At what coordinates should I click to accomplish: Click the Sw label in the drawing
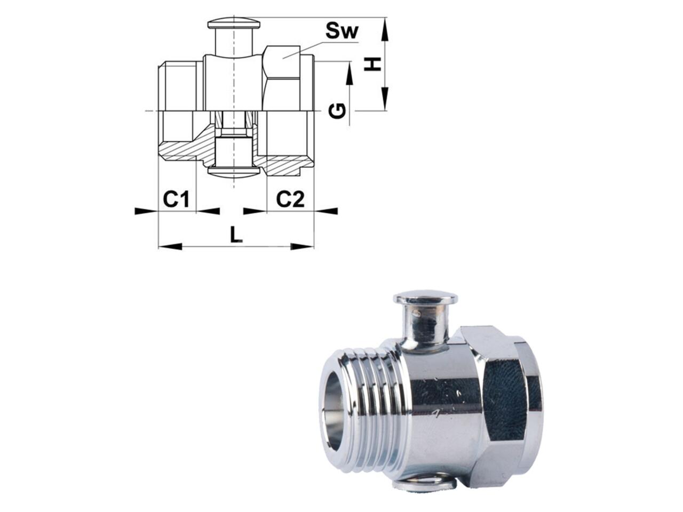click(342, 31)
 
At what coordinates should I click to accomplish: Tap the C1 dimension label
click(177, 199)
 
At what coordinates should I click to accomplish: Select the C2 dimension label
click(290, 199)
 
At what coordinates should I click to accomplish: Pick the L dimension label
click(236, 235)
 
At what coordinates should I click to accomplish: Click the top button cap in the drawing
click(234, 24)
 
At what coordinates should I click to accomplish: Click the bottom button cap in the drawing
click(234, 172)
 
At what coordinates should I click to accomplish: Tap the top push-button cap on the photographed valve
click(425, 298)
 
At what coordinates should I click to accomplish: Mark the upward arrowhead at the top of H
click(384, 29)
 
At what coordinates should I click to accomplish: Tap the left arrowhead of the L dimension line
click(170, 246)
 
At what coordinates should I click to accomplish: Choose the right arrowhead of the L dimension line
click(303, 246)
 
